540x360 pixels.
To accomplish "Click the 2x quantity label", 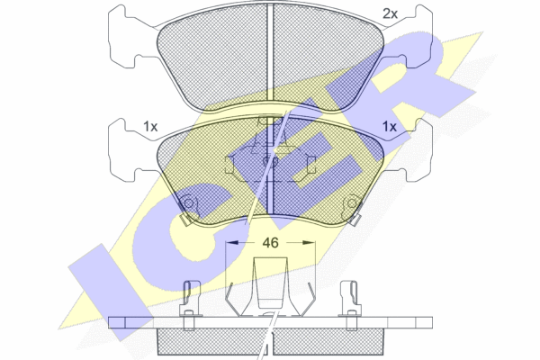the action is (391, 13).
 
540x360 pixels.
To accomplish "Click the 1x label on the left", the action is (150, 127).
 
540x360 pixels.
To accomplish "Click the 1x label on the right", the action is (390, 127).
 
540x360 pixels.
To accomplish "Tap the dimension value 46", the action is (270, 243).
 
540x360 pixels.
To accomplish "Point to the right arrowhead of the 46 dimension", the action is (309, 242).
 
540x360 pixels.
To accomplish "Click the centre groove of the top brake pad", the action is (270, 52).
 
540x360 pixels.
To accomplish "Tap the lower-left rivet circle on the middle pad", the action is (189, 203).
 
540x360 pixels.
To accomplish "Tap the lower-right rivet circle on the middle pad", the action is (352, 203).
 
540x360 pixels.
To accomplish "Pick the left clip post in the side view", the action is (190, 305).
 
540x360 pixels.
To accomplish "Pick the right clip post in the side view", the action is (351, 305).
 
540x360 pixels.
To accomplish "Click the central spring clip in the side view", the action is (270, 286).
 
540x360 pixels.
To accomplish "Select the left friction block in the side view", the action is (212, 341).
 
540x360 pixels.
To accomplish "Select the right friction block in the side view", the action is (328, 341).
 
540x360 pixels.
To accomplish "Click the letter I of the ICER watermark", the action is (110, 292).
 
